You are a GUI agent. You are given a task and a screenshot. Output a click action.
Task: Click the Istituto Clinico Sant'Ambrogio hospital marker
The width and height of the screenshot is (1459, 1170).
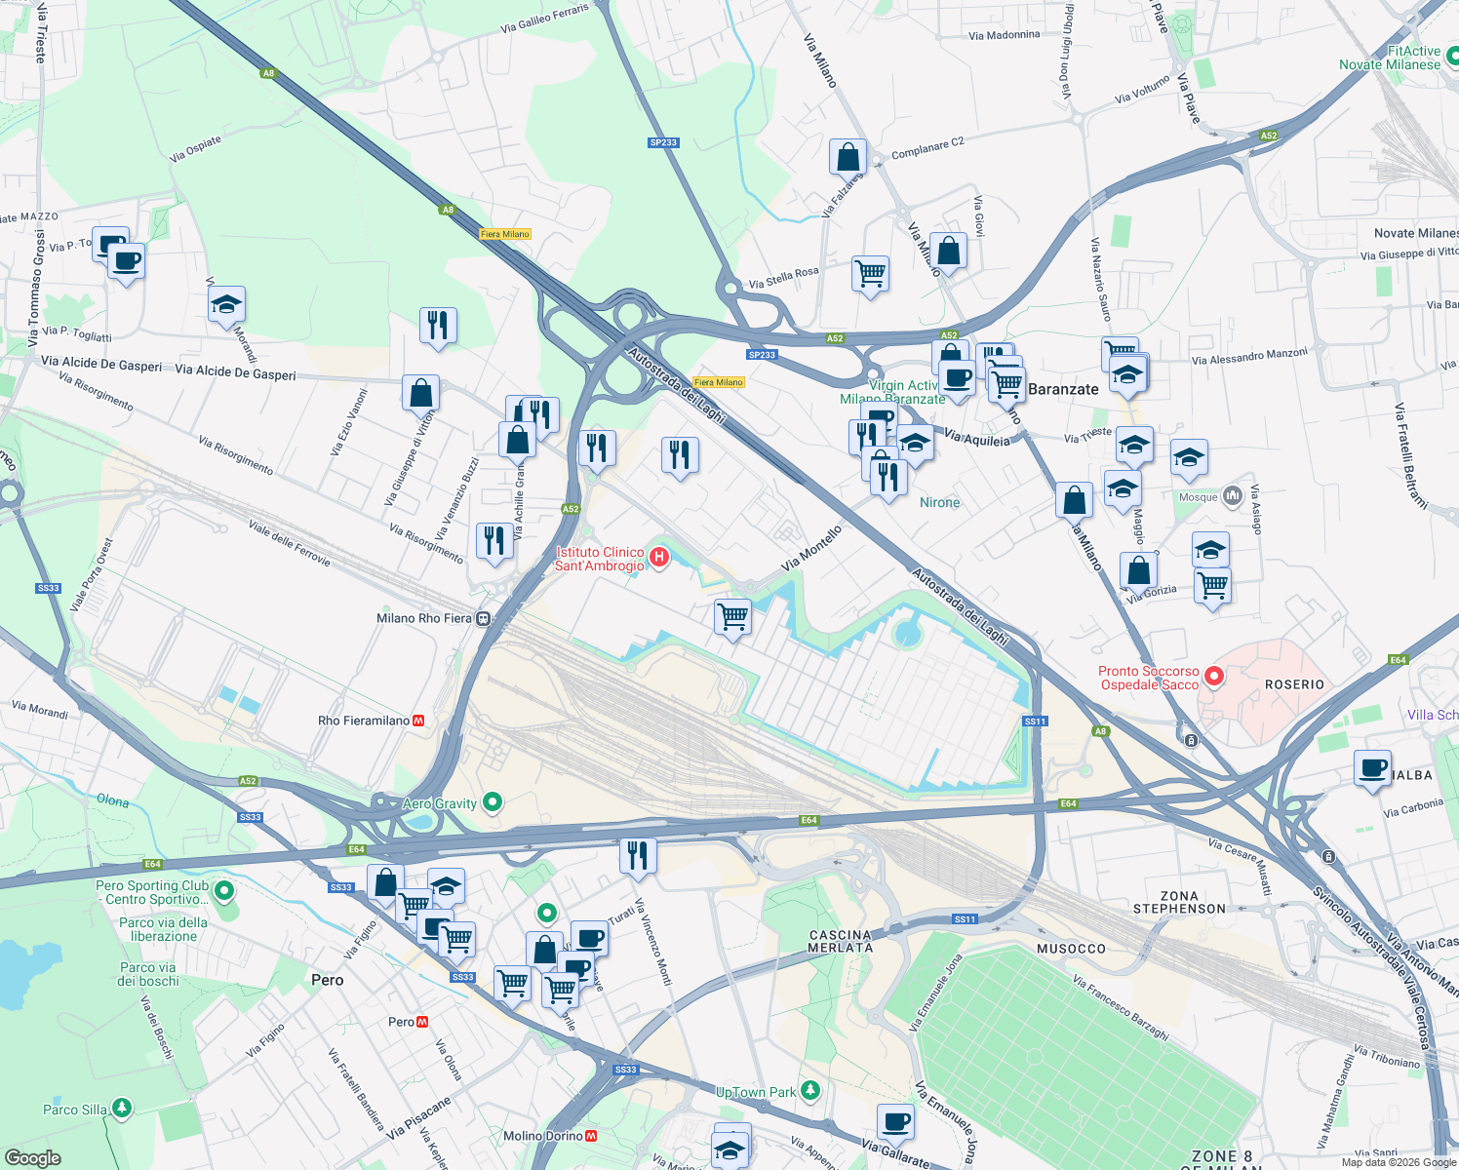coord(659,558)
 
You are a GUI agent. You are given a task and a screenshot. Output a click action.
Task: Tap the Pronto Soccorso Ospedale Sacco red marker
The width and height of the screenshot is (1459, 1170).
coord(1214,676)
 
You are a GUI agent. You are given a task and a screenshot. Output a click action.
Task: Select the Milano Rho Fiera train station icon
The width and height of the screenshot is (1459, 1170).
coord(483,618)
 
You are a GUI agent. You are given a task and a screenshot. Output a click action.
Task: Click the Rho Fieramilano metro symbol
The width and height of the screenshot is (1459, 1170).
coord(418,721)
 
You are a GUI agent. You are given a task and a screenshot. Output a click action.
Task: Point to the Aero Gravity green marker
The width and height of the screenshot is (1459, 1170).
coord(493,802)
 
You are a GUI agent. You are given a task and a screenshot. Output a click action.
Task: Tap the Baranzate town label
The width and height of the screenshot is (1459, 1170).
coord(1063,389)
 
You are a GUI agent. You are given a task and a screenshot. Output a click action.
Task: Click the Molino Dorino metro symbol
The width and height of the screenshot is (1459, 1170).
coord(591,1136)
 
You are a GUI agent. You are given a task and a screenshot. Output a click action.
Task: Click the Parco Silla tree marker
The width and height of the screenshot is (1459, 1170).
coord(121,1109)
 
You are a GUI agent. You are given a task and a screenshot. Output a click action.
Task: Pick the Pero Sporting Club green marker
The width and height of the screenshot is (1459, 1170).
coord(224,890)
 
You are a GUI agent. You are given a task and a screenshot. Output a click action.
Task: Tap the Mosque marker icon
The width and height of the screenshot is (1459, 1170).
coord(1232,496)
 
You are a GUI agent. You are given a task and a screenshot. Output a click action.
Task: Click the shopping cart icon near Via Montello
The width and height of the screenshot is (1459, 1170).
coord(732,616)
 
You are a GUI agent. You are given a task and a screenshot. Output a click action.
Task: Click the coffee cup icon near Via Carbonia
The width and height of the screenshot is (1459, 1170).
coord(1372,767)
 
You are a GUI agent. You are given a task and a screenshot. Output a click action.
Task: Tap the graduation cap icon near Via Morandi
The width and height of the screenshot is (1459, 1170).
coord(226,304)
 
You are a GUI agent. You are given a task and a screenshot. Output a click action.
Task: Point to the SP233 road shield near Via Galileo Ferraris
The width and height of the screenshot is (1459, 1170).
coord(663,142)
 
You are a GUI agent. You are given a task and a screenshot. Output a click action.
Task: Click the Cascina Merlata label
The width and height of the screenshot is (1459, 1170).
coord(841,941)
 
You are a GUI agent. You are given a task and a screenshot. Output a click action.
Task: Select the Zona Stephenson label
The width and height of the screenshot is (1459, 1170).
coord(1179,902)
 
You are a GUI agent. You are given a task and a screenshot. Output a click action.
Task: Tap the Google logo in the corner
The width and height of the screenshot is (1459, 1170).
coord(33,1157)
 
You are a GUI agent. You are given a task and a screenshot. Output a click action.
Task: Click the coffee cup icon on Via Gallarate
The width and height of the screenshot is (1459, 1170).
coord(895,1122)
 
